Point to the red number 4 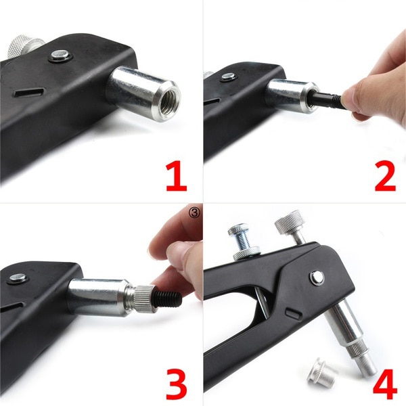tap(384, 380)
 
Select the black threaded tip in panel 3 tap(167, 298)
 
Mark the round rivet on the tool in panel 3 tap(17, 277)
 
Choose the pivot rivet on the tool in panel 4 tap(317, 277)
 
